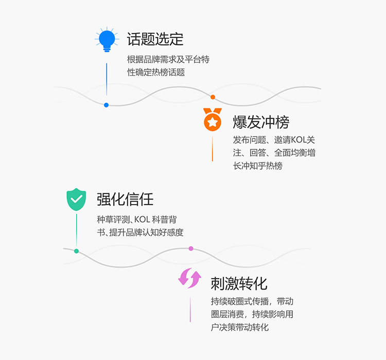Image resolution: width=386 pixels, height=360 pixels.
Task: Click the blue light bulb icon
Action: point(107,40)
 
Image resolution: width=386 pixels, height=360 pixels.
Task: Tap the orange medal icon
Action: point(212,120)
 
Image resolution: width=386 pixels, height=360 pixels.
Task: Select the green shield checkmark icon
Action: point(76,200)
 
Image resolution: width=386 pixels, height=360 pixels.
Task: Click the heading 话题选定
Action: point(155,39)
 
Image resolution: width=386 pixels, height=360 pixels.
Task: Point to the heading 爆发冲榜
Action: point(261,122)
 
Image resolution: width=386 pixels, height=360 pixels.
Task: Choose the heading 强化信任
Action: point(125,199)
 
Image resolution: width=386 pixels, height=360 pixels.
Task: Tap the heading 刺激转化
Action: point(239,283)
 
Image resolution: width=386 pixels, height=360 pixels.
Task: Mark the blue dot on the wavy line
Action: point(107,105)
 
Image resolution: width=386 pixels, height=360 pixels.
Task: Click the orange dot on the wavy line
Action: point(213,97)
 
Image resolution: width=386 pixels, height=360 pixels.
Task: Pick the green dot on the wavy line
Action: point(76,251)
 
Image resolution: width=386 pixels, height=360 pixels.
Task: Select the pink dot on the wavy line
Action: point(191,248)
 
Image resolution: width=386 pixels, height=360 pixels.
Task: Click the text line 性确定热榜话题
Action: point(156,73)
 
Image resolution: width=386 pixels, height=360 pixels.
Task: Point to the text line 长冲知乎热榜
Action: point(257,166)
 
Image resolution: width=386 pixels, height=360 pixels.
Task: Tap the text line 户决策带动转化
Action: point(240,327)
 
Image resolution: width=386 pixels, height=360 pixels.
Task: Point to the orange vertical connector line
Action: point(213,149)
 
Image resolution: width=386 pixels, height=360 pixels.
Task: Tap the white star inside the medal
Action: point(212,123)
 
